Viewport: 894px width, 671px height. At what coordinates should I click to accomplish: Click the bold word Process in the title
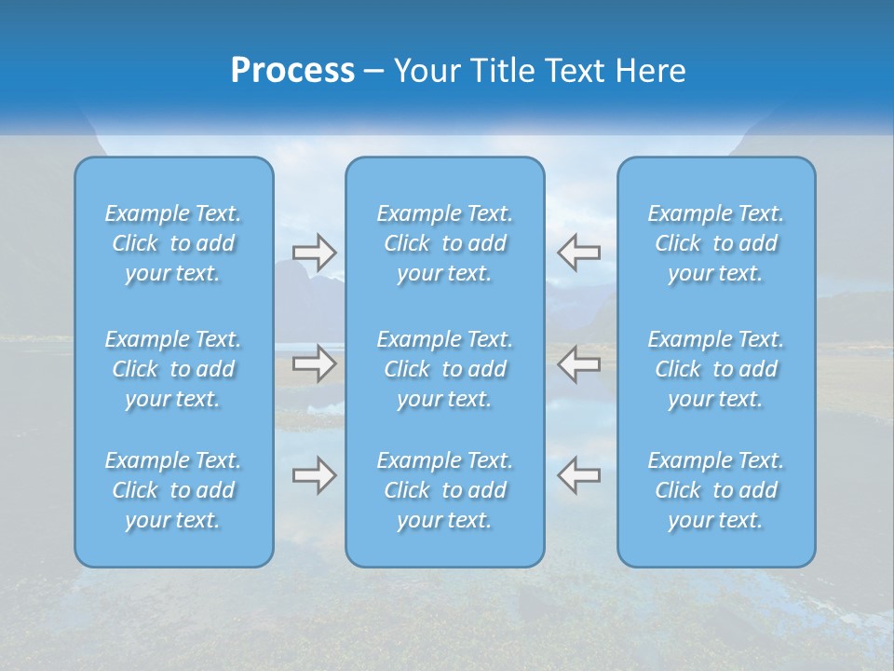click(292, 71)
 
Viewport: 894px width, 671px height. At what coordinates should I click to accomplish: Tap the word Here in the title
click(651, 71)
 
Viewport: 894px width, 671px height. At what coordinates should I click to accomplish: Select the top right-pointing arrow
click(314, 252)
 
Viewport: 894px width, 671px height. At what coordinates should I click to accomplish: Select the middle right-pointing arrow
click(314, 363)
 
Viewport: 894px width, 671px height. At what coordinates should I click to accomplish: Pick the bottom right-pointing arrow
click(314, 475)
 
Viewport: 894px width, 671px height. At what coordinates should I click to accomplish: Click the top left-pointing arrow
click(579, 252)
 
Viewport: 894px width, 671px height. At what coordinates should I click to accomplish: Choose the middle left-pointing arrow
click(579, 363)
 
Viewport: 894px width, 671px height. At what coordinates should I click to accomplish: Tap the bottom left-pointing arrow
click(579, 475)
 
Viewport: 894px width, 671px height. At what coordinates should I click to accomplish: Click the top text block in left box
click(173, 243)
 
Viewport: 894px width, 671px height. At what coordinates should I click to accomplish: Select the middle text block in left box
click(173, 369)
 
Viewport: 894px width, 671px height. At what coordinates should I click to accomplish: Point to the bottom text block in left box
click(173, 490)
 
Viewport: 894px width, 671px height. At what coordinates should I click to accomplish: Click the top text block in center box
click(445, 243)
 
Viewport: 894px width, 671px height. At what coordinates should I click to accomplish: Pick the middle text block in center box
click(445, 369)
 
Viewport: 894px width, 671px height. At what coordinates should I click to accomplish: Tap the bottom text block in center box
click(445, 490)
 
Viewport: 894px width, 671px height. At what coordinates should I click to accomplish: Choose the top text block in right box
click(716, 243)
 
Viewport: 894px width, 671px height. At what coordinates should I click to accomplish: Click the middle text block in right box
click(716, 369)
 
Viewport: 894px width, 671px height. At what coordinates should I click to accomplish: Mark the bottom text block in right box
click(716, 490)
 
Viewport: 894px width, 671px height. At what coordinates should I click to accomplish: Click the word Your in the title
click(427, 71)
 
